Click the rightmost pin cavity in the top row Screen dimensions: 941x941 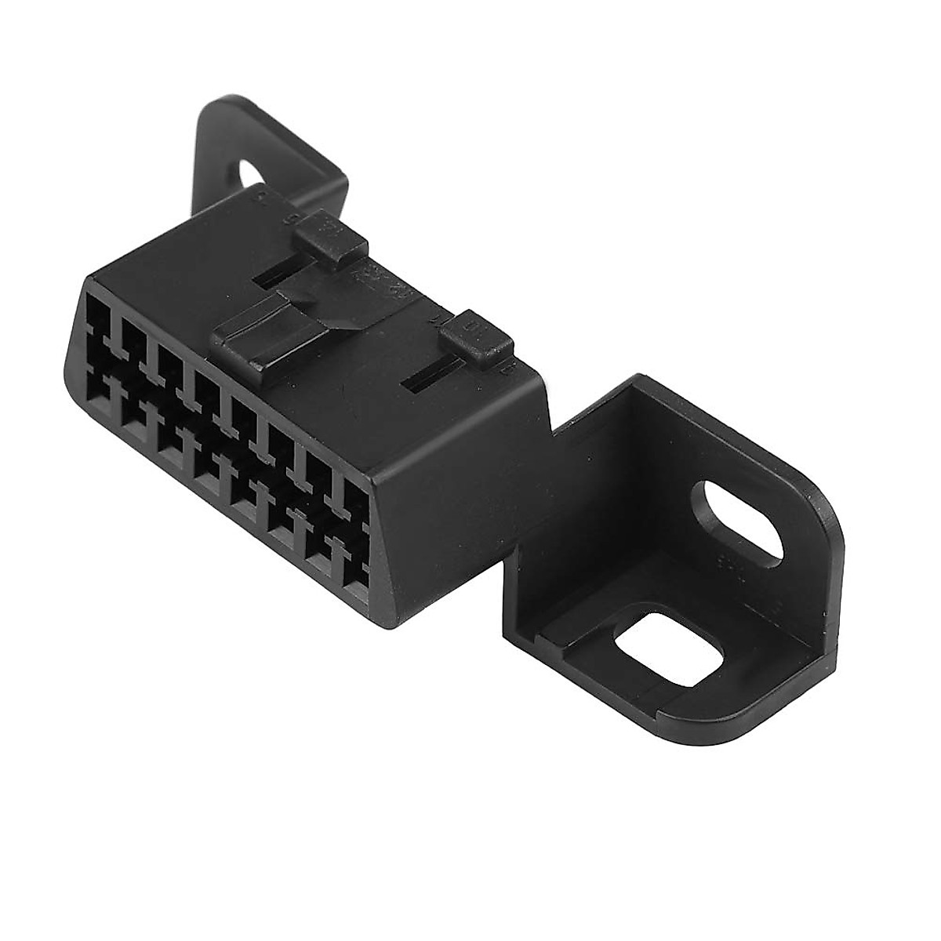point(358,501)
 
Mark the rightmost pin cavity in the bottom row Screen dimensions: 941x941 point(357,576)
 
